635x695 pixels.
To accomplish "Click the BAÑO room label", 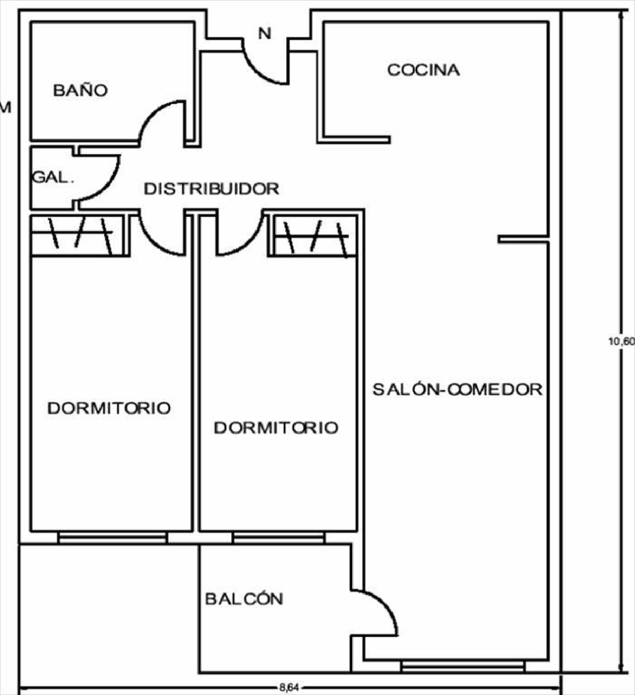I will pos(80,90).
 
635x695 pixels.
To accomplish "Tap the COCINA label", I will pos(423,70).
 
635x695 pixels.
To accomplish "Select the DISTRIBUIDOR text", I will pos(211,189).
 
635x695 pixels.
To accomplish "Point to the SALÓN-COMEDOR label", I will pos(457,389).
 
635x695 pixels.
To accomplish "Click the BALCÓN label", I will pos(244,599).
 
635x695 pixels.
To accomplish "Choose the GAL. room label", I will pos(53,177).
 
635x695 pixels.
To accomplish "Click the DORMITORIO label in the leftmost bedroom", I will pos(109,408).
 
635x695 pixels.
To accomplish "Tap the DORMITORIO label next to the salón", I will pos(276,428).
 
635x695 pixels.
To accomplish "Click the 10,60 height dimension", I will pos(621,341).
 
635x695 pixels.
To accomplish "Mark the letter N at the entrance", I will pos(265,33).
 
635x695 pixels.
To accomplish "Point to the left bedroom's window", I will pos(112,538).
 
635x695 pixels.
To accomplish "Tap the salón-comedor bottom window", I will pos(463,667).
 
